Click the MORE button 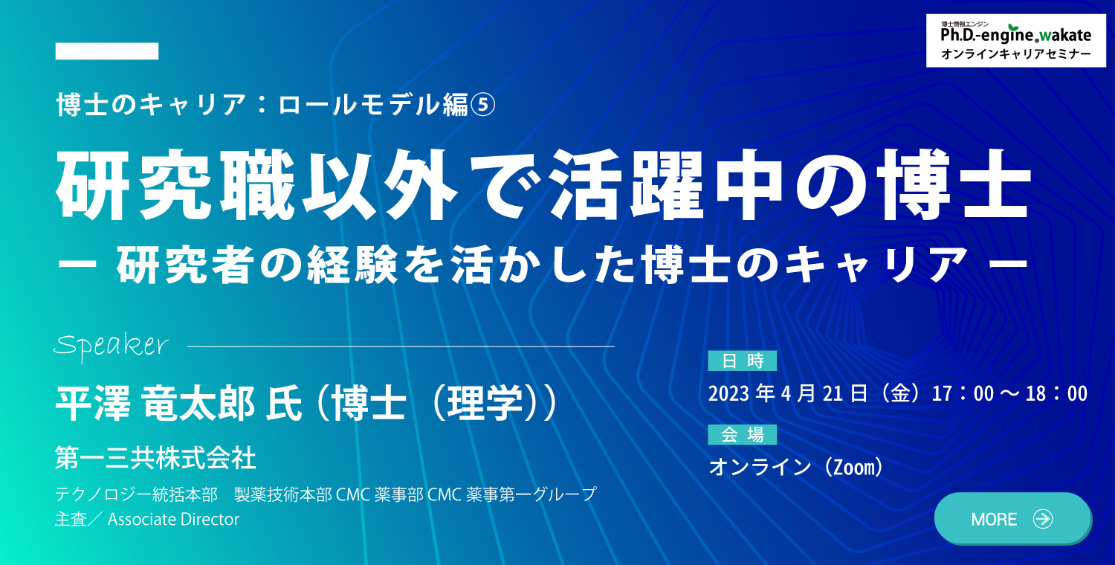1013,519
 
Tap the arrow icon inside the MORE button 1042,519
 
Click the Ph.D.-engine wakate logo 1015,34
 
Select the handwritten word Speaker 111,345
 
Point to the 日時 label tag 742,361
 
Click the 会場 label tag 742,435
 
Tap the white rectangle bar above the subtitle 107,51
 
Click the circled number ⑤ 483,105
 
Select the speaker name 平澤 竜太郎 155,404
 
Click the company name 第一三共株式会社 155,458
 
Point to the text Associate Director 173,519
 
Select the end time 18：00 1056,394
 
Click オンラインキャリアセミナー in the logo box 1015,54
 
